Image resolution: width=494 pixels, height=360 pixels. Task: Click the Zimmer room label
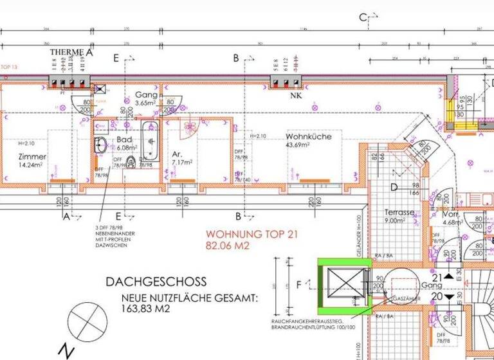[32, 157]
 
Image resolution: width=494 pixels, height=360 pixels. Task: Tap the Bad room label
[125, 140]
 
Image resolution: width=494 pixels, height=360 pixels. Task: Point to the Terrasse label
[398, 212]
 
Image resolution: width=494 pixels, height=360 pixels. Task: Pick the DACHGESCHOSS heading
[156, 282]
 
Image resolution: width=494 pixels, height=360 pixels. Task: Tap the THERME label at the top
[68, 53]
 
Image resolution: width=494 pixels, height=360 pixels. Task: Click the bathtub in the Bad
[150, 140]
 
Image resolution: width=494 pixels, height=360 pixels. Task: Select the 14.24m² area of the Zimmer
[32, 165]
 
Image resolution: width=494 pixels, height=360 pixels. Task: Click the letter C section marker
[363, 17]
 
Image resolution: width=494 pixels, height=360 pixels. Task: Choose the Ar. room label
[178, 154]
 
